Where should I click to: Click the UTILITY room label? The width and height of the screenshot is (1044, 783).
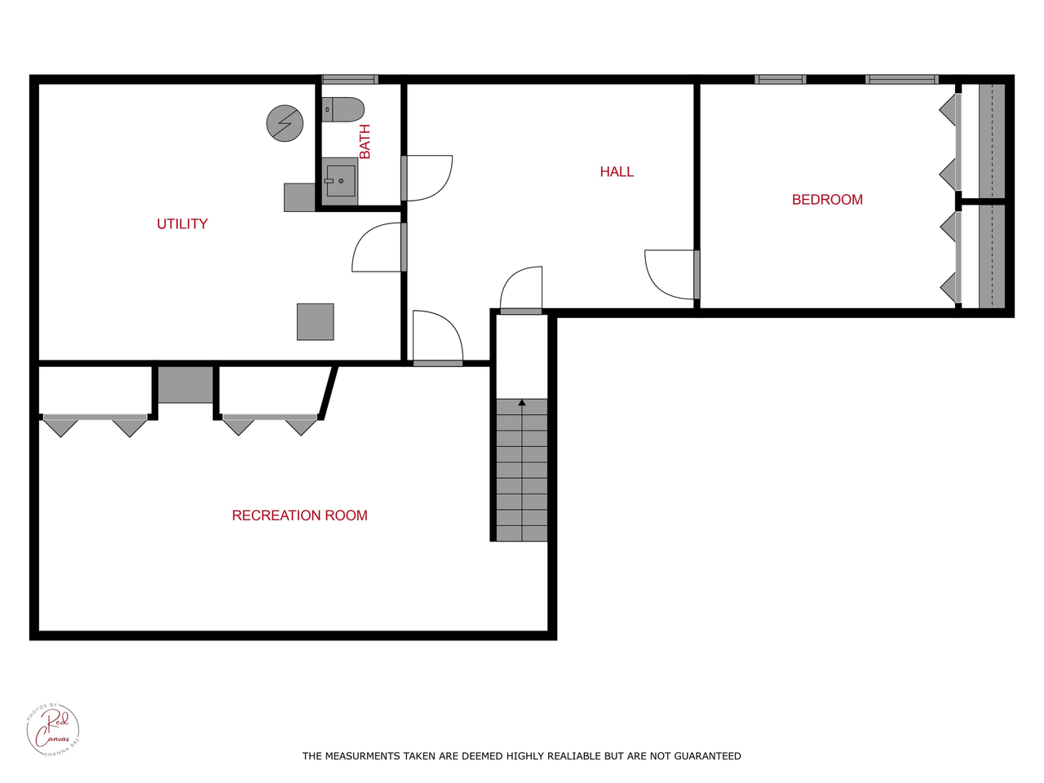[x=182, y=223]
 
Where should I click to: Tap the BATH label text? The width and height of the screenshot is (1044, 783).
[x=365, y=141]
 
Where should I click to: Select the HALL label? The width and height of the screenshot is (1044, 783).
[x=617, y=171]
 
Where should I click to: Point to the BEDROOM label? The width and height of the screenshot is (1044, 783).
[x=827, y=200]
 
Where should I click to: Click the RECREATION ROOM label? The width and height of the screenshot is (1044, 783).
[x=299, y=515]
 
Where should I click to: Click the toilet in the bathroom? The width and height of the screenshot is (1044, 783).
[x=343, y=109]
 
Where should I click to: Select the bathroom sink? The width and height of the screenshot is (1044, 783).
[x=340, y=180]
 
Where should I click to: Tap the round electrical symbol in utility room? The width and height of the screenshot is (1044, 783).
[x=285, y=124]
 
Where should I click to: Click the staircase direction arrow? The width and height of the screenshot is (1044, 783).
[x=522, y=402]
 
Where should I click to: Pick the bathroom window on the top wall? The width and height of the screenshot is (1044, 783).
[x=349, y=79]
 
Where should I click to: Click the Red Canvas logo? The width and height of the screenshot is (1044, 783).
[x=53, y=729]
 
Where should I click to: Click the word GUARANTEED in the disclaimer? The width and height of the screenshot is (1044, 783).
[x=707, y=756]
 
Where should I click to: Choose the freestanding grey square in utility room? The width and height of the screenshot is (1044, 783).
[x=315, y=321]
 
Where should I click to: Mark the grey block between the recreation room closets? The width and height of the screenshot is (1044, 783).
[x=185, y=384]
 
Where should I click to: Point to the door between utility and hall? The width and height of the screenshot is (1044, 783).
[x=377, y=248]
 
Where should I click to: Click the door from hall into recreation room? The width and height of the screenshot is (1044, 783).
[x=438, y=338]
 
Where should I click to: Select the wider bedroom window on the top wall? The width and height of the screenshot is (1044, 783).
[x=901, y=79]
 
